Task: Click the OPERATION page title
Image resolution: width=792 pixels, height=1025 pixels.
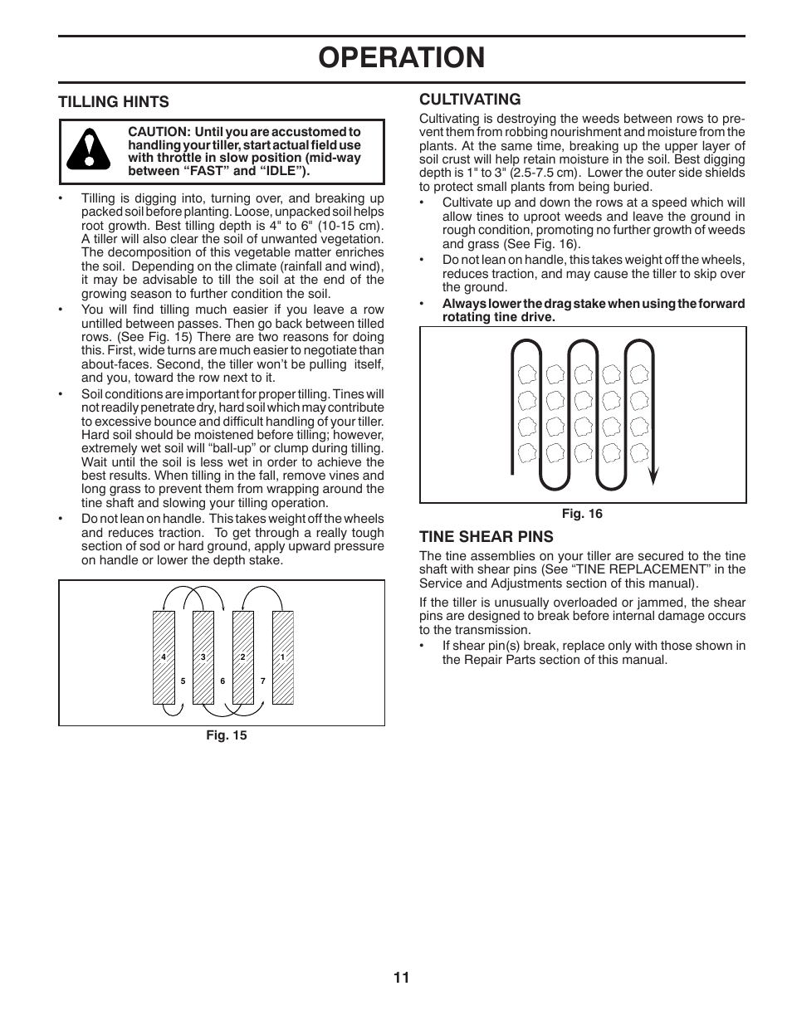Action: tap(401, 58)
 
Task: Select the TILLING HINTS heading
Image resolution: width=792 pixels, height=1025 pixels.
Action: tap(113, 102)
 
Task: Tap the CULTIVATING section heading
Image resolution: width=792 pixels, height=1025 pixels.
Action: tap(470, 100)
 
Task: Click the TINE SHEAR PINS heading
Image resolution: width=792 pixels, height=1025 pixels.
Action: tap(486, 536)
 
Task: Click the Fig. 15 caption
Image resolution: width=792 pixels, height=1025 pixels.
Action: tap(227, 735)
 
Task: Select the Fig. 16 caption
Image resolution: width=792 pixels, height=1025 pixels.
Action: tap(582, 514)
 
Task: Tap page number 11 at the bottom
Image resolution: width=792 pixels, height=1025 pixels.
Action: tap(401, 978)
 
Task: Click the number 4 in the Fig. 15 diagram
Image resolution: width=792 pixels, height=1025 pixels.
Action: tap(164, 657)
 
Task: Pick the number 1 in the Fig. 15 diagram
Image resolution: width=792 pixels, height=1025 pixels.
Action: tap(282, 657)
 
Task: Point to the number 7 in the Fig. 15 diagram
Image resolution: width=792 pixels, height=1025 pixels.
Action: tap(262, 681)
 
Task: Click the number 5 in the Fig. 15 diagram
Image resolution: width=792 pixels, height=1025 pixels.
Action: tap(183, 681)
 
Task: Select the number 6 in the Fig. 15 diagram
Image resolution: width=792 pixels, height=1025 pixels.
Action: tap(222, 681)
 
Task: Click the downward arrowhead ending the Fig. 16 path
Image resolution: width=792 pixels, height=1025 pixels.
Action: tap(653, 476)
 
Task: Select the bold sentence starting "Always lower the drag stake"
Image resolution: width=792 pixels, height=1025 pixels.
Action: tap(593, 310)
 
